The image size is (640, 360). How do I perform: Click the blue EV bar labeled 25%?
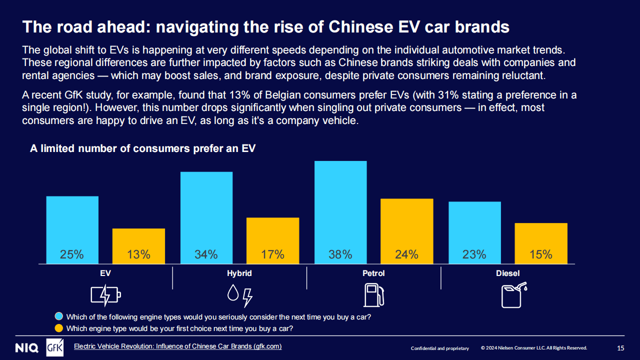72,229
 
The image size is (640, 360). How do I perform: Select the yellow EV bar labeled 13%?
138,245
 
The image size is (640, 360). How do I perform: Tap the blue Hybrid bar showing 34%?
206,217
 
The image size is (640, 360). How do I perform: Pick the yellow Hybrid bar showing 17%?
272,240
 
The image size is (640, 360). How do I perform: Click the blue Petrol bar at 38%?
340,212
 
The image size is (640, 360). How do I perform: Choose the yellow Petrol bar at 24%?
406,231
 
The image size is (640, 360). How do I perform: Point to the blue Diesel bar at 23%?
474,232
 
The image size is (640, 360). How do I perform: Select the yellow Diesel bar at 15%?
541,243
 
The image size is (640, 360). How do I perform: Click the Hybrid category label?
239,273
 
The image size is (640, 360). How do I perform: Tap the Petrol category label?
373,273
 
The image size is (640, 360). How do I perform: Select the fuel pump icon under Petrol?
373,294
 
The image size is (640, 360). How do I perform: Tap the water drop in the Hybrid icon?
232,293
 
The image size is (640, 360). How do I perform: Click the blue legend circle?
59,316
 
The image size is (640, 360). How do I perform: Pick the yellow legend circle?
59,328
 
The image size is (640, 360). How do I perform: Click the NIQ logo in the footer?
26,348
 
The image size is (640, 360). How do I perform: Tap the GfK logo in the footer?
54,348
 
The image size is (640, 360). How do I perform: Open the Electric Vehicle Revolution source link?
177,346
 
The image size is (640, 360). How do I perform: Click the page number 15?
620,348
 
